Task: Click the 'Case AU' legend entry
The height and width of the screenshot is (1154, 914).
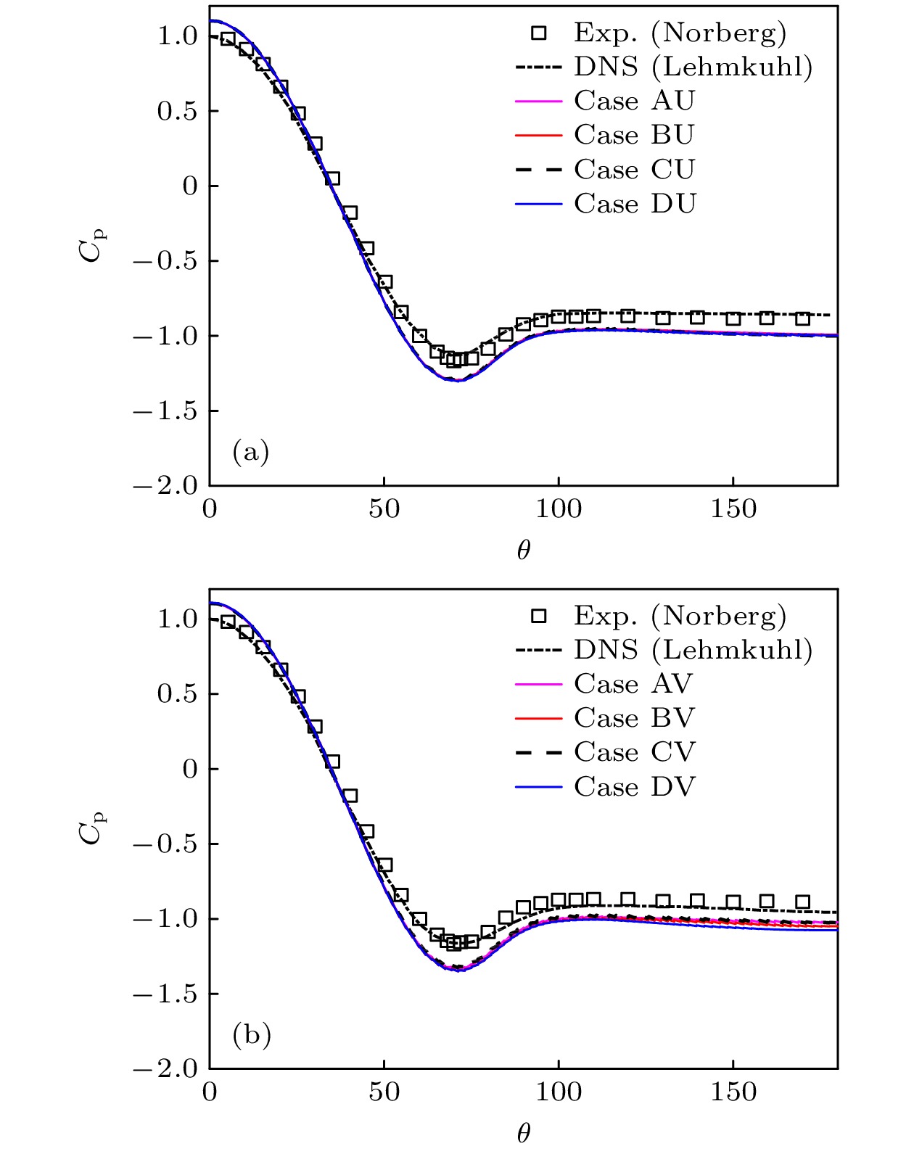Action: click(x=635, y=101)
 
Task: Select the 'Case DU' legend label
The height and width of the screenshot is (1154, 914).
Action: click(x=635, y=204)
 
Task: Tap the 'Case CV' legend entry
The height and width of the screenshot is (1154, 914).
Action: click(x=635, y=752)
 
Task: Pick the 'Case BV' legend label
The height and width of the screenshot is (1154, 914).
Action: click(x=635, y=718)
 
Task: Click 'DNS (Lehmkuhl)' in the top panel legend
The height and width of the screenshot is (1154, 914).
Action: click(x=693, y=67)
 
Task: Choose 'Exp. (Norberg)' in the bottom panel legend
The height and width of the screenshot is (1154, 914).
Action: click(x=680, y=616)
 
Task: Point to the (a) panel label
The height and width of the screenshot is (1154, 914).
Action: click(x=251, y=452)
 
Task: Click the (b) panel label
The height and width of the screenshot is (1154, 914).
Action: click(x=252, y=1034)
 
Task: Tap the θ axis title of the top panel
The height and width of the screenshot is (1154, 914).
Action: click(x=524, y=551)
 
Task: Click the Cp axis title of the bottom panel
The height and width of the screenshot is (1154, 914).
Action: click(x=93, y=827)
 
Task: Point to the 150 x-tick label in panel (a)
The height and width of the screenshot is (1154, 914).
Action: click(x=733, y=510)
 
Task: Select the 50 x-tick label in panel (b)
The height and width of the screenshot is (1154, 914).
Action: click(x=384, y=1092)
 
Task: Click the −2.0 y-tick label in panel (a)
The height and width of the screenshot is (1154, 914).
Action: click(x=165, y=486)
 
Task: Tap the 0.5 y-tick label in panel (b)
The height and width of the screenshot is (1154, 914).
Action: click(x=177, y=694)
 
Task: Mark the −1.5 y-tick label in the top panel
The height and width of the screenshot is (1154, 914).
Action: click(x=165, y=411)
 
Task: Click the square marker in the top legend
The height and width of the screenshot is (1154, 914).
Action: click(x=538, y=33)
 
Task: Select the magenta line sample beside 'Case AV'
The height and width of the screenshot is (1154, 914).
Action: click(x=538, y=684)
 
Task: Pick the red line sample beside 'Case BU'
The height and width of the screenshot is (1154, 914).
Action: click(x=538, y=136)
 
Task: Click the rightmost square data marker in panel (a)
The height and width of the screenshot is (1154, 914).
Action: click(x=802, y=318)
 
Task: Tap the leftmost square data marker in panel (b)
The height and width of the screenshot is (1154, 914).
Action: click(x=228, y=622)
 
